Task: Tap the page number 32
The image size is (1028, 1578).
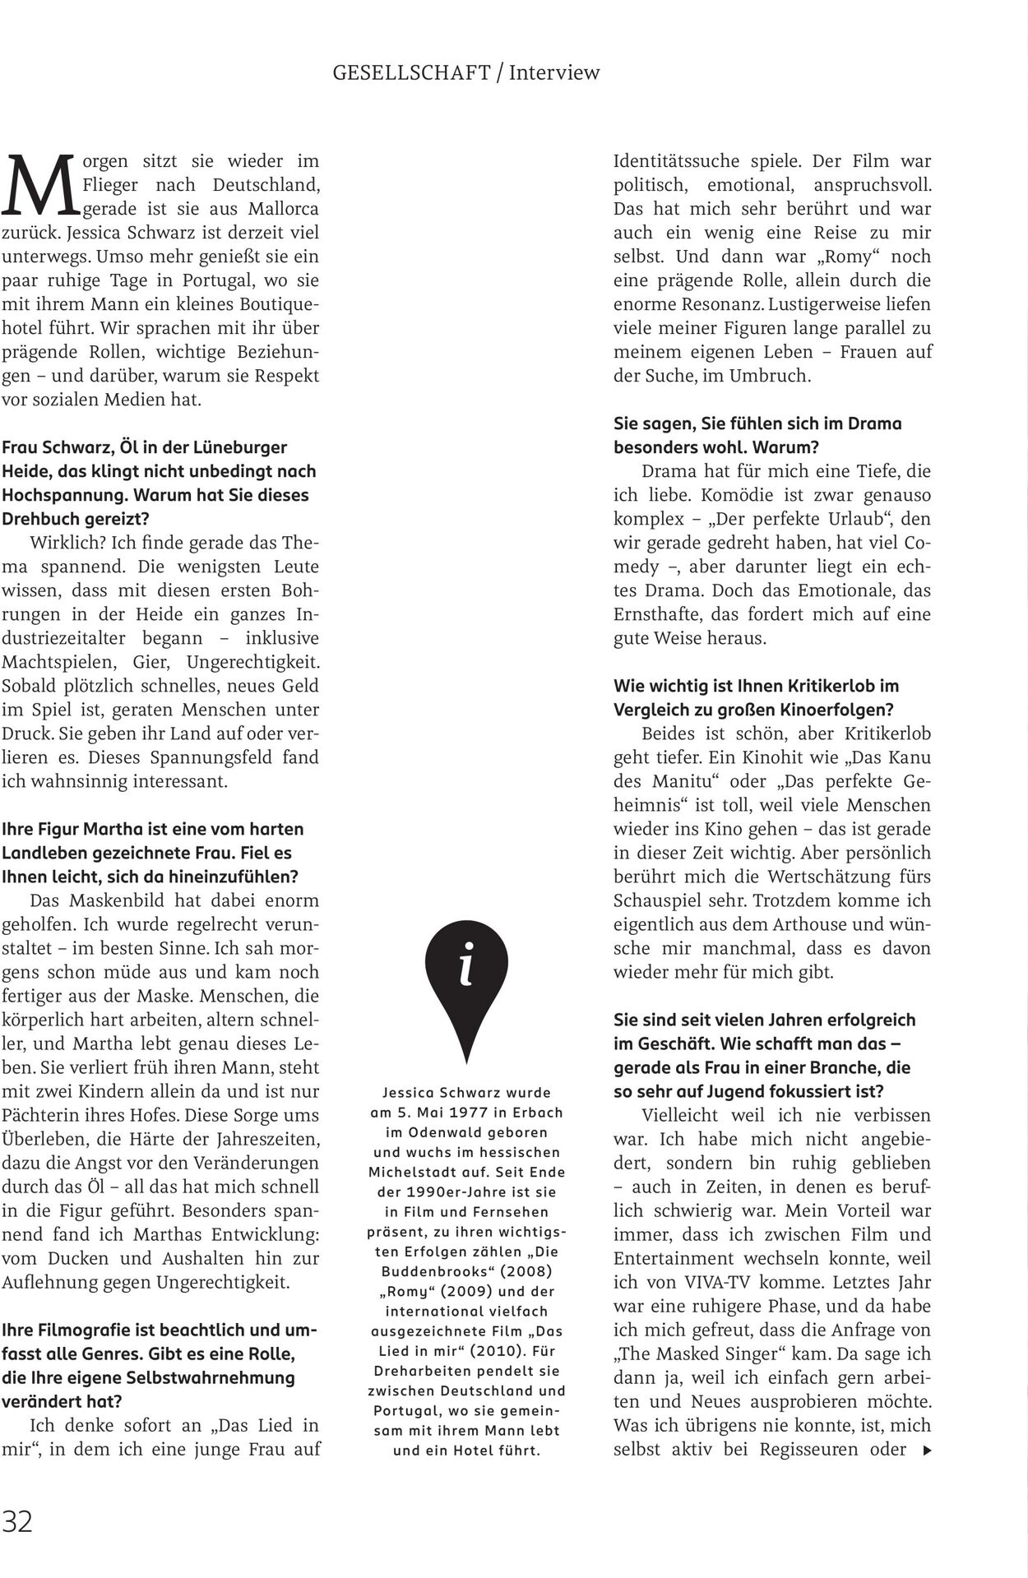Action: [17, 1521]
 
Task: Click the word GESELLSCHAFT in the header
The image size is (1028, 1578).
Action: [411, 72]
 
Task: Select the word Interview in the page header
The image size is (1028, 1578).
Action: [554, 72]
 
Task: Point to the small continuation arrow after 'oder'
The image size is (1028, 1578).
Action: [928, 1451]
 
